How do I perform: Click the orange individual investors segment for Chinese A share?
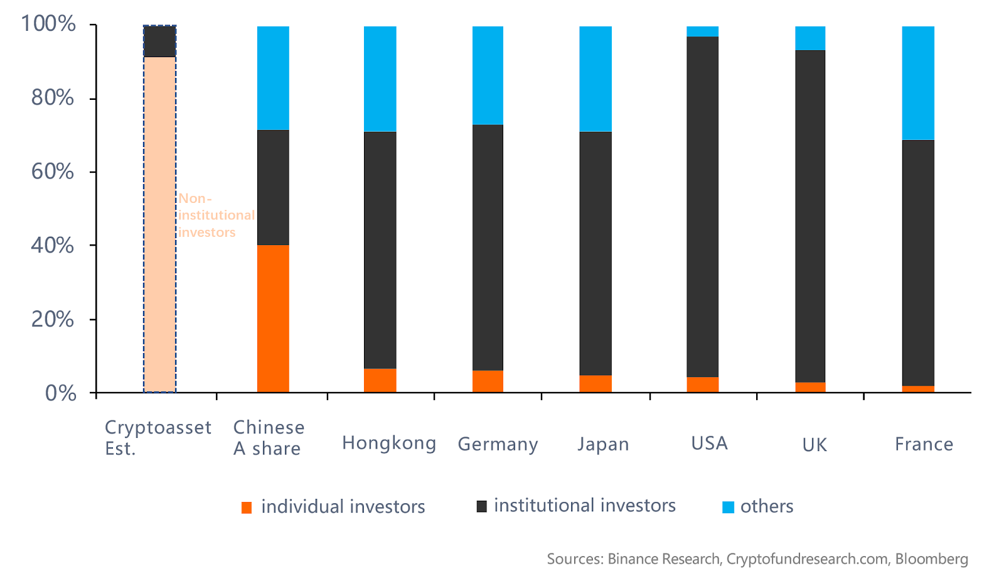point(273,319)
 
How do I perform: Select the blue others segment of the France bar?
point(918,83)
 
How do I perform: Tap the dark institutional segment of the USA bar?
point(703,207)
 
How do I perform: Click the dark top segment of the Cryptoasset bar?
point(159,41)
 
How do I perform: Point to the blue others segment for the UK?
point(810,38)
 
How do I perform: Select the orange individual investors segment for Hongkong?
point(380,380)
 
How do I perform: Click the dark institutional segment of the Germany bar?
point(488,248)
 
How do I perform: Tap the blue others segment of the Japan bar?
point(595,79)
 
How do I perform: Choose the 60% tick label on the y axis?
point(53,172)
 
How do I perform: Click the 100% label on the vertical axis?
point(48,24)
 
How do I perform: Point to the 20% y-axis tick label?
point(53,319)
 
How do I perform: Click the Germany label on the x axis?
point(498,444)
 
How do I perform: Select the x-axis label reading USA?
point(709,444)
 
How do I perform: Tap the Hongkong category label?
point(389,444)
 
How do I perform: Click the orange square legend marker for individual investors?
point(247,508)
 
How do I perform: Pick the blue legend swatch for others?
point(728,507)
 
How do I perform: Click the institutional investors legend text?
point(584,506)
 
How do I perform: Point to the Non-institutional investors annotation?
point(216,215)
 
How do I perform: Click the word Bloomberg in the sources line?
point(931,559)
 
